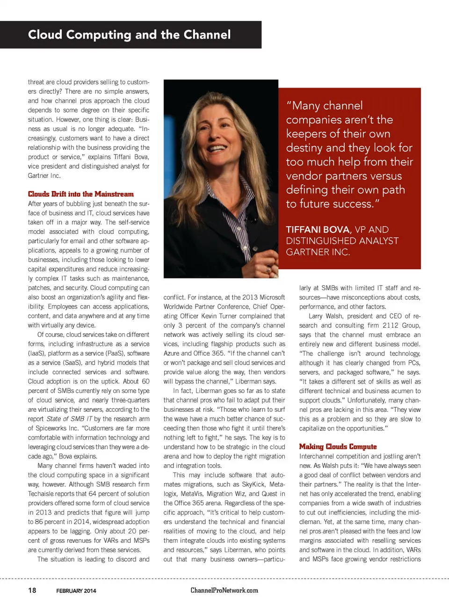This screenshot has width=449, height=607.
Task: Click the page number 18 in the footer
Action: (32, 590)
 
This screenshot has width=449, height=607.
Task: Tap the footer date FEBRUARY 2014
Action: (76, 591)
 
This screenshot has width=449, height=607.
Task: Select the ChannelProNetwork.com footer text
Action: (224, 590)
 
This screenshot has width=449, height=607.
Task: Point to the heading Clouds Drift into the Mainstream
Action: (80, 194)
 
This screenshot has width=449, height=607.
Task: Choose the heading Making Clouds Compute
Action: (338, 447)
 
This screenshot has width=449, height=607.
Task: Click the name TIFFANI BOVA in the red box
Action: (318, 230)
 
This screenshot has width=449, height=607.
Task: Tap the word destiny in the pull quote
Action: (304, 148)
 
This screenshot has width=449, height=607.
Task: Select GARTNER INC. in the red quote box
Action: (318, 252)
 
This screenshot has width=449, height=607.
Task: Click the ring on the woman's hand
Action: (268, 269)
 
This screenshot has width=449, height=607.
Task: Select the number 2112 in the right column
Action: (391, 325)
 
